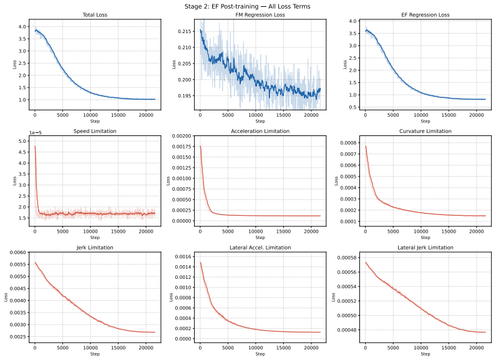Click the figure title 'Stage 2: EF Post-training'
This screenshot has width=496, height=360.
[221, 6]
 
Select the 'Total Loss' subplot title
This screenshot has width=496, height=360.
[95, 15]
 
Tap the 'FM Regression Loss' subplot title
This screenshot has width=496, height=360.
[260, 15]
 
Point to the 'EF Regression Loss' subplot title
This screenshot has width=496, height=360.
[425, 15]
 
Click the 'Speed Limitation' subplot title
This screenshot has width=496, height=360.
[95, 131]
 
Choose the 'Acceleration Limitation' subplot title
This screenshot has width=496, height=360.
[260, 131]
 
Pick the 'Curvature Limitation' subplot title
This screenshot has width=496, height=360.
[425, 131]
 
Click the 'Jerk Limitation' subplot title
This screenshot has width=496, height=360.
[95, 247]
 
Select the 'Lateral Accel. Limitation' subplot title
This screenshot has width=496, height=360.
[260, 247]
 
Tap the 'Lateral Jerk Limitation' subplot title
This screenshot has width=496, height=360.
[425, 247]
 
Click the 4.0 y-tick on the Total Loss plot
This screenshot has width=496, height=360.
[22, 27]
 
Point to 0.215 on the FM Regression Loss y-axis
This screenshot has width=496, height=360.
[185, 31]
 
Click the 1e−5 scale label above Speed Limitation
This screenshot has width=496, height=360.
[36, 133]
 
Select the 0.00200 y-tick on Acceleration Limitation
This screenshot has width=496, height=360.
[182, 136]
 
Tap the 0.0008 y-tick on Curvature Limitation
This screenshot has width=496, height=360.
[348, 143]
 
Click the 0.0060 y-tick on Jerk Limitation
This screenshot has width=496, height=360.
[17, 253]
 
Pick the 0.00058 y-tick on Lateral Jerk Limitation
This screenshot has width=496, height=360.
[347, 258]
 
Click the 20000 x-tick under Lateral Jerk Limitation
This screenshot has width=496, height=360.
[477, 348]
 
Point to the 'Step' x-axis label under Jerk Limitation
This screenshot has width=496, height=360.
[95, 354]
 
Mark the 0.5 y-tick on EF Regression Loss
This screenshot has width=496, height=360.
[353, 107]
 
